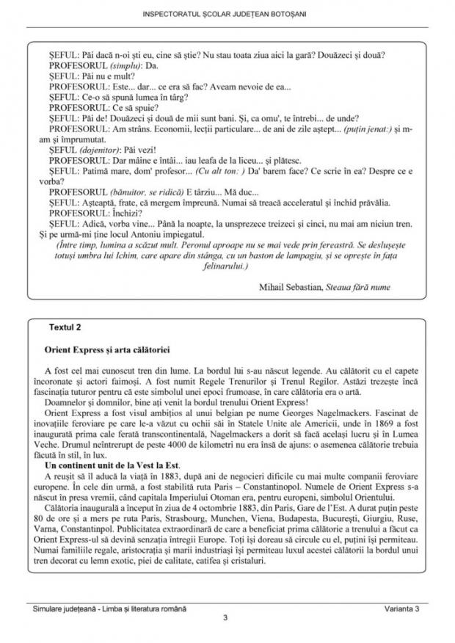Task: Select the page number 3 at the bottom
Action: point(226,617)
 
